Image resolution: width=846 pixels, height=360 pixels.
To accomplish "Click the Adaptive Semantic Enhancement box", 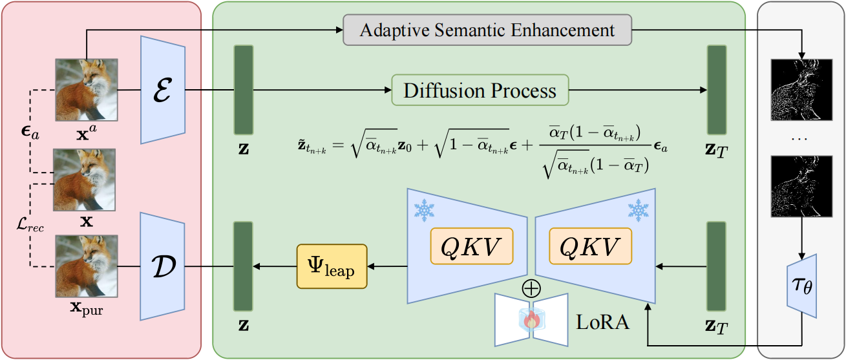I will coord(487,30).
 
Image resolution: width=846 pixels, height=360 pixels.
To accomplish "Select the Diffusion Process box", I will coord(480,90).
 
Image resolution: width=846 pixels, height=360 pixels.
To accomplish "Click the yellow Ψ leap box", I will coord(332,266).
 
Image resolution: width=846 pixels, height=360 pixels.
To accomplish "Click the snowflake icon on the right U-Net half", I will coord(639,209).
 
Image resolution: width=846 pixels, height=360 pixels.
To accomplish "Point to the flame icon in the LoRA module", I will coord(531,320).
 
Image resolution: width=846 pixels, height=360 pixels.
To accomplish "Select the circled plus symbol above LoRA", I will coord(531,289).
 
